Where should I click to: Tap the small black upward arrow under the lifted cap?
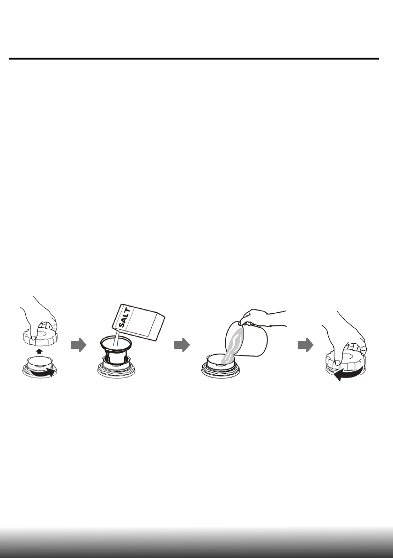click(39, 350)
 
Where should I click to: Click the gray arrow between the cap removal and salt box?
click(79, 346)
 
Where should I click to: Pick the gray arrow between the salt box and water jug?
click(182, 346)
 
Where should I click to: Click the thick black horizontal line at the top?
click(194, 59)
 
